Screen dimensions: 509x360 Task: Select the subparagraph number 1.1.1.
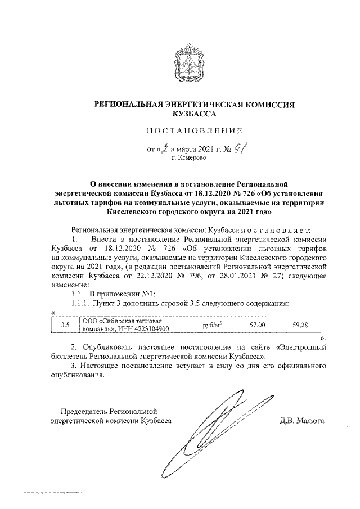(82, 304)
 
